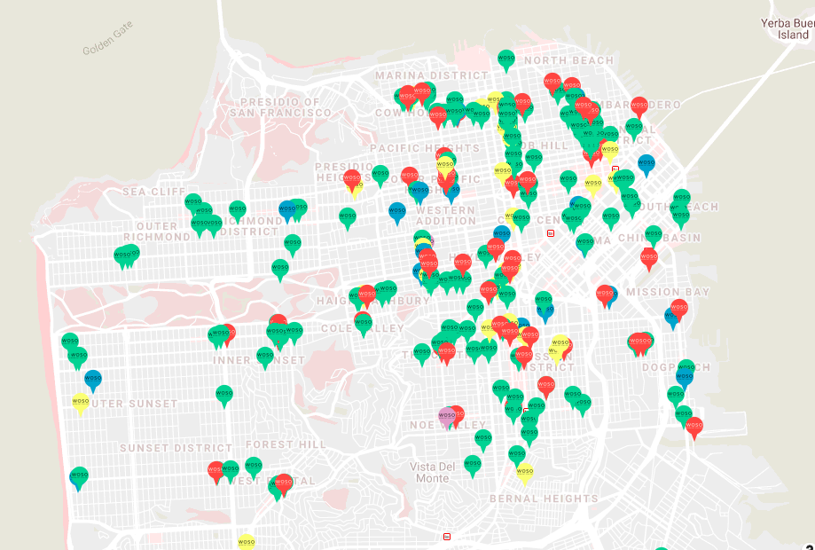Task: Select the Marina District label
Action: pyautogui.click(x=431, y=75)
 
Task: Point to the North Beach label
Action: pyautogui.click(x=568, y=60)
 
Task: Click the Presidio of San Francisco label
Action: pyautogui.click(x=280, y=107)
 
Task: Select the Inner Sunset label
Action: pyautogui.click(x=259, y=360)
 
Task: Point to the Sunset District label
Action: pyautogui.click(x=177, y=448)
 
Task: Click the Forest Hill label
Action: pyautogui.click(x=286, y=444)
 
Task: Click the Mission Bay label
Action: pyautogui.click(x=667, y=292)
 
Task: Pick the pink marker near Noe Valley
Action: pyautogui.click(x=447, y=415)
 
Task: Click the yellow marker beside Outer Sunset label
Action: pyautogui.click(x=81, y=403)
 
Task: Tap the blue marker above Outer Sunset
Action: pyautogui.click(x=93, y=379)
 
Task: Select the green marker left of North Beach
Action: pyautogui.click(x=506, y=59)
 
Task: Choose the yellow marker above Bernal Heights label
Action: pyautogui.click(x=525, y=472)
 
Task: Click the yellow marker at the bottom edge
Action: pyautogui.click(x=247, y=540)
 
